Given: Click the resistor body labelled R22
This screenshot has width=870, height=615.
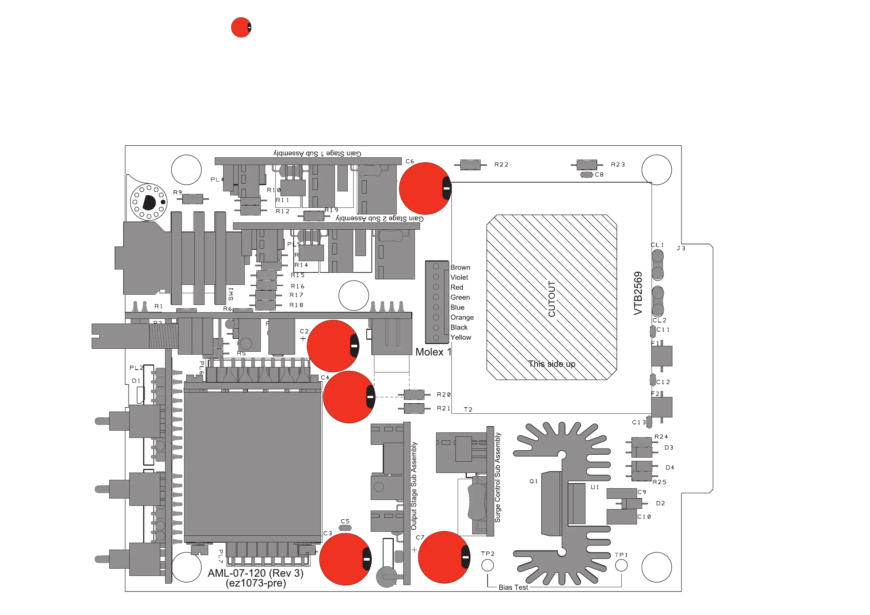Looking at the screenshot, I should (x=470, y=165).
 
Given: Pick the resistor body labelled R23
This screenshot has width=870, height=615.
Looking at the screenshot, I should (x=587, y=165).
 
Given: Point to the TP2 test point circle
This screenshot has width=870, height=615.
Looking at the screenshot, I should (x=488, y=565).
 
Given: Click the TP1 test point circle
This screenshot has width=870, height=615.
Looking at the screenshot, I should (x=621, y=565).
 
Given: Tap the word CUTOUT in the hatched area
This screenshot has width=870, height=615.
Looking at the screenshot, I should (x=552, y=299).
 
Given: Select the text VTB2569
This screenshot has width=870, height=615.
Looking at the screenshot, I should (x=638, y=293).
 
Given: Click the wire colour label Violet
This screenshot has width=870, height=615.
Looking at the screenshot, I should (x=459, y=278).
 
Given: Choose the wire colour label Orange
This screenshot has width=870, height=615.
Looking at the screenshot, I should (x=462, y=317).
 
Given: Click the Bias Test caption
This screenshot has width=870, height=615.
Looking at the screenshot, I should (x=513, y=587).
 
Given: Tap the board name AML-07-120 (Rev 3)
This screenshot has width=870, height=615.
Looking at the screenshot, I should (x=256, y=573).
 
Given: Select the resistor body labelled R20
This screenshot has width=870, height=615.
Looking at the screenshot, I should (x=414, y=395).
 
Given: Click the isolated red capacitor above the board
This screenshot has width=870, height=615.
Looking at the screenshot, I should (x=241, y=27).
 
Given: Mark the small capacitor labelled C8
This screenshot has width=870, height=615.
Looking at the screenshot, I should (x=587, y=175).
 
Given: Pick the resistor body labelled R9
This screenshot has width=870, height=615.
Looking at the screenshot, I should (x=192, y=199).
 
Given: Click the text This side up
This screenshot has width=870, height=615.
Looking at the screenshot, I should (x=552, y=364).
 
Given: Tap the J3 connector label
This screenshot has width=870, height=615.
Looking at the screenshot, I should (x=681, y=248).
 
